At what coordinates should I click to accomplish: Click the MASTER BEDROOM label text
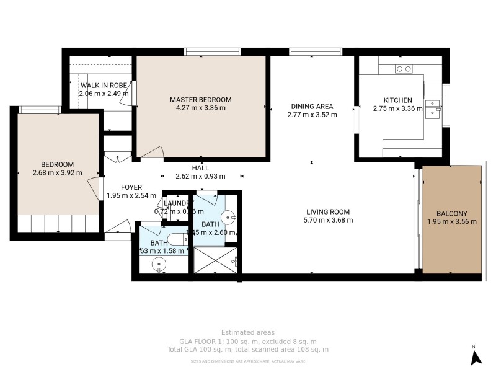click(201, 99)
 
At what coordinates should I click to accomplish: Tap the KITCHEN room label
click(397, 100)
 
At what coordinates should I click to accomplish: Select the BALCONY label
click(451, 213)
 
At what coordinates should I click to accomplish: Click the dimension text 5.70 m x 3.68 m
click(328, 219)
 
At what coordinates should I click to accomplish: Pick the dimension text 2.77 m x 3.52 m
click(312, 115)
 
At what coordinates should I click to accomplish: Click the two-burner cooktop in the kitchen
click(404, 69)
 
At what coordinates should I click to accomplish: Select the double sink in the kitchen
click(432, 108)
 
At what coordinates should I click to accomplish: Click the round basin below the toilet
click(161, 264)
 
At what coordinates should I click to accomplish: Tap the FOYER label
click(131, 187)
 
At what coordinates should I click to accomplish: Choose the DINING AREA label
click(312, 106)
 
